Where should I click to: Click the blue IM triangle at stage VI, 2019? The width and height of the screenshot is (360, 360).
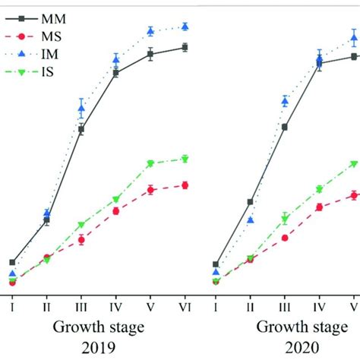click(185, 27)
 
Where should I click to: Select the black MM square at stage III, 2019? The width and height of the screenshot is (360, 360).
click(81, 129)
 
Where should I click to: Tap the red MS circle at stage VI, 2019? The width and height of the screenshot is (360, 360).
click(185, 185)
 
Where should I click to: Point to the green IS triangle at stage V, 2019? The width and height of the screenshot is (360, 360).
click(150, 163)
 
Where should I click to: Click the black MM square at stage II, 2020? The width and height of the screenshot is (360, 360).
click(250, 202)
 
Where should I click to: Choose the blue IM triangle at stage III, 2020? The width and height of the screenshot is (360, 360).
click(285, 101)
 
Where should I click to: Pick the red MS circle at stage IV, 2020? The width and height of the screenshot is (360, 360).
click(319, 207)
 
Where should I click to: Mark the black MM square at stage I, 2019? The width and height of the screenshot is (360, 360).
click(12, 263)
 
